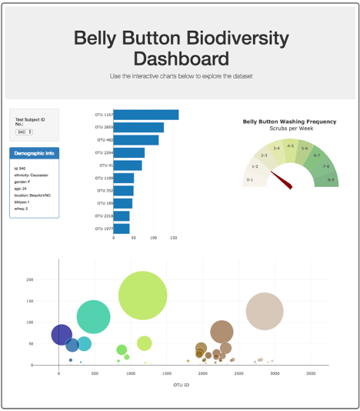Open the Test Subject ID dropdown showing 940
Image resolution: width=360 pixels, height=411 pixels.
pos(25,132)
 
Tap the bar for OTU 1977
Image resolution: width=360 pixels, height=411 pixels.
pos(122,229)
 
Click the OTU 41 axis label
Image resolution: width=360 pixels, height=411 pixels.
pos(105,165)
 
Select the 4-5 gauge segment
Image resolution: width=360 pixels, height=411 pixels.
pos(290,146)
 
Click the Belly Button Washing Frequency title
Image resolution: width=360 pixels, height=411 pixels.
pos(289,122)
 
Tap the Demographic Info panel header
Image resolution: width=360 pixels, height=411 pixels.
pos(34,153)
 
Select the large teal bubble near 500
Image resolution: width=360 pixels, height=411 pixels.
pos(94,316)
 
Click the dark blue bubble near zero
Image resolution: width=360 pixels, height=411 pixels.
pos(62,335)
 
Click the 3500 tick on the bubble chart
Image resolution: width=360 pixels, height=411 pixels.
pos(311,373)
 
